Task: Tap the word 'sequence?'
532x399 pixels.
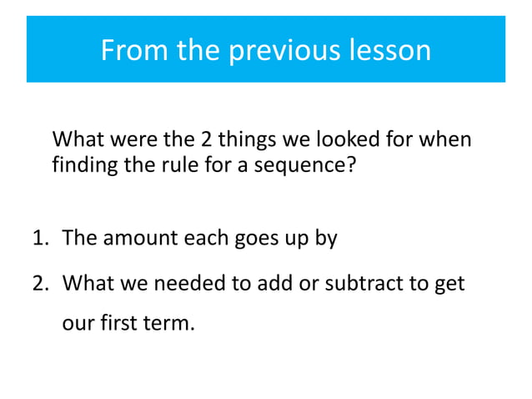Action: tap(309, 164)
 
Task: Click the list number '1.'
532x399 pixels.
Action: tap(43, 239)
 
